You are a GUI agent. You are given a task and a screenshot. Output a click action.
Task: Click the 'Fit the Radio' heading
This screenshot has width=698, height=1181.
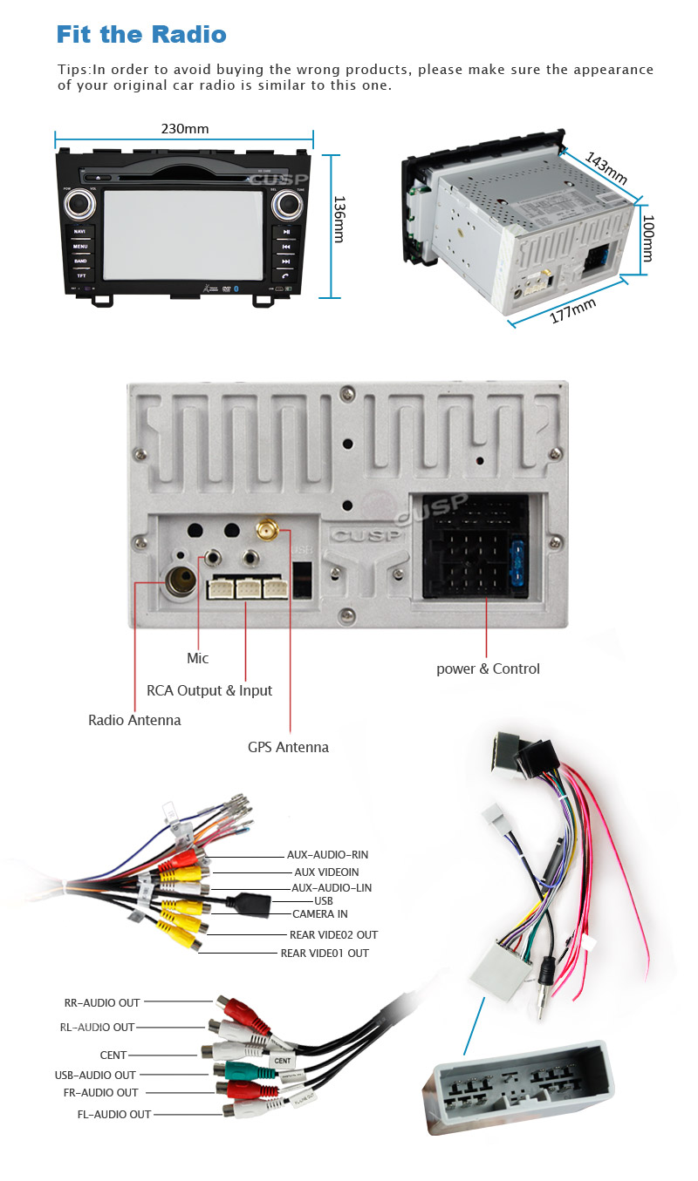coord(141,35)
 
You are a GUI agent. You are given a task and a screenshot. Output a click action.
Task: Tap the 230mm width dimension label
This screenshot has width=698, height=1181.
coord(185,129)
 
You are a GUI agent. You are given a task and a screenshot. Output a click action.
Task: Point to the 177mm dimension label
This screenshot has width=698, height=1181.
coord(572,310)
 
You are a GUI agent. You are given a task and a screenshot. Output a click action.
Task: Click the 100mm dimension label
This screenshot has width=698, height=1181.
coord(647,238)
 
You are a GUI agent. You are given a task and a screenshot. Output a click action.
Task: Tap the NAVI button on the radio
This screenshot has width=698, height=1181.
coord(80,232)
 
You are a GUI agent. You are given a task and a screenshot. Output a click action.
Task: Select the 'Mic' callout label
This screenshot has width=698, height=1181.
coord(198,658)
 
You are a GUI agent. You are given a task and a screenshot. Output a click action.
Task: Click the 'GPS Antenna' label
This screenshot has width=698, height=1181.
coord(288,747)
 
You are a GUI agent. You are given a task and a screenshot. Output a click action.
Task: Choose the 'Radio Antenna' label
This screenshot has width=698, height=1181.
coord(134,720)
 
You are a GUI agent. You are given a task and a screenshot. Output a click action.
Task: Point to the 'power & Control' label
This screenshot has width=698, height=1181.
coord(488,669)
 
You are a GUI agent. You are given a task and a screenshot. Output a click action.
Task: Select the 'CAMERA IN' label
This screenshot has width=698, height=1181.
coord(320,913)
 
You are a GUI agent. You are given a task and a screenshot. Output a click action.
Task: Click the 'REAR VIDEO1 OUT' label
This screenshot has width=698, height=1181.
coord(325,953)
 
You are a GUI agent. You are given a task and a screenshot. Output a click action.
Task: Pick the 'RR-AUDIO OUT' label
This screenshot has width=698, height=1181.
coord(102,1002)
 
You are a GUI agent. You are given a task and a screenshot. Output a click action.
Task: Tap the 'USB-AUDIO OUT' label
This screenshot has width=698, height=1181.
coord(95,1075)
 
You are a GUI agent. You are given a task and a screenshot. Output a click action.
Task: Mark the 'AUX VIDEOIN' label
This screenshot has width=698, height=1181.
coord(326,872)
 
